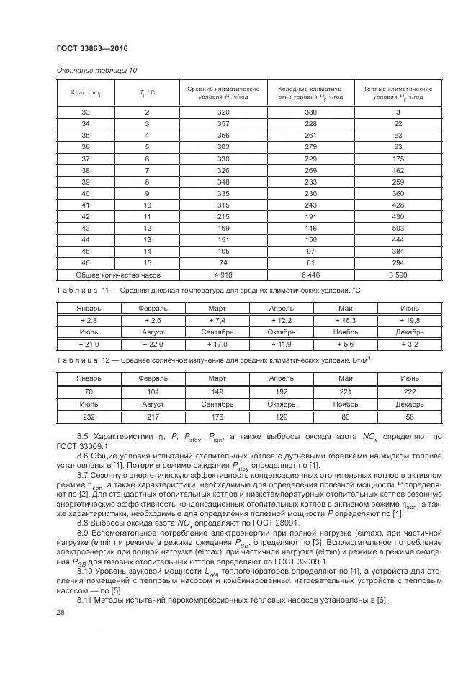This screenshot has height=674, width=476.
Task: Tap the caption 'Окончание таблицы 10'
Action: tap(96, 70)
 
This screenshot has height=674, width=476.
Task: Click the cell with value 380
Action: tap(311, 112)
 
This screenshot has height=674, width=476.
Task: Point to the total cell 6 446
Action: tap(311, 275)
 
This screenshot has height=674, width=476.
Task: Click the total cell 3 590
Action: tap(398, 275)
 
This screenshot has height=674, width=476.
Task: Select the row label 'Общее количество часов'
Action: tap(117, 275)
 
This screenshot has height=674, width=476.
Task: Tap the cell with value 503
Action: tap(398, 228)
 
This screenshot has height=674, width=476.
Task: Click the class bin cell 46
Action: tap(86, 262)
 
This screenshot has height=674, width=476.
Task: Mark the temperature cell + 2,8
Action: tap(88, 319)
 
